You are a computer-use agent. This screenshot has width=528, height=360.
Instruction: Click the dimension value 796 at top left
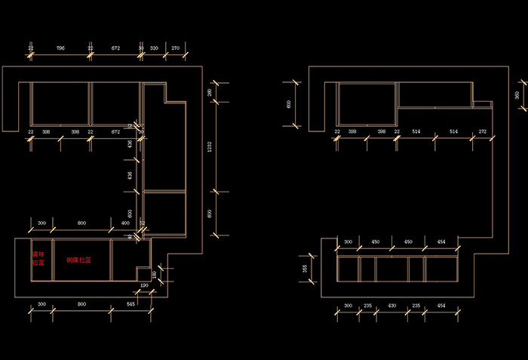[60, 48]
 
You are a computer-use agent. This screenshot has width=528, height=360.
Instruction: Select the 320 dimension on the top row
[154, 48]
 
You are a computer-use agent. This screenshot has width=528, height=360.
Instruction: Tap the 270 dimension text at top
[176, 48]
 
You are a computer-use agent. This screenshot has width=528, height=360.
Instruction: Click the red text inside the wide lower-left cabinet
[78, 260]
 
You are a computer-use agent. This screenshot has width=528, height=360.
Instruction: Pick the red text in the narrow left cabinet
[38, 260]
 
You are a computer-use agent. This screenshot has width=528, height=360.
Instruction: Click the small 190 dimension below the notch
[144, 287]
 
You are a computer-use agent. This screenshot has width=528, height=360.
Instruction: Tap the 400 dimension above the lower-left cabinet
[125, 223]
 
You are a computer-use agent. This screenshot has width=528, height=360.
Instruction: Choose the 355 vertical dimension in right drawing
[305, 268]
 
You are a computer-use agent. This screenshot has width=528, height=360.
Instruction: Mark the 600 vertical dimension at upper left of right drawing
[289, 104]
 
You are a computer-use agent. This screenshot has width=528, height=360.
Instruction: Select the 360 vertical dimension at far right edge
[517, 95]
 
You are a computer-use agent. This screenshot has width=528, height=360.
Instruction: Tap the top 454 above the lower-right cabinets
[442, 242]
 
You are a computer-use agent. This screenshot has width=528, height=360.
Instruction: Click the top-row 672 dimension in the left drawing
[115, 48]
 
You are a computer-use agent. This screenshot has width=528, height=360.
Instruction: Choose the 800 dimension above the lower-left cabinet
[81, 223]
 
